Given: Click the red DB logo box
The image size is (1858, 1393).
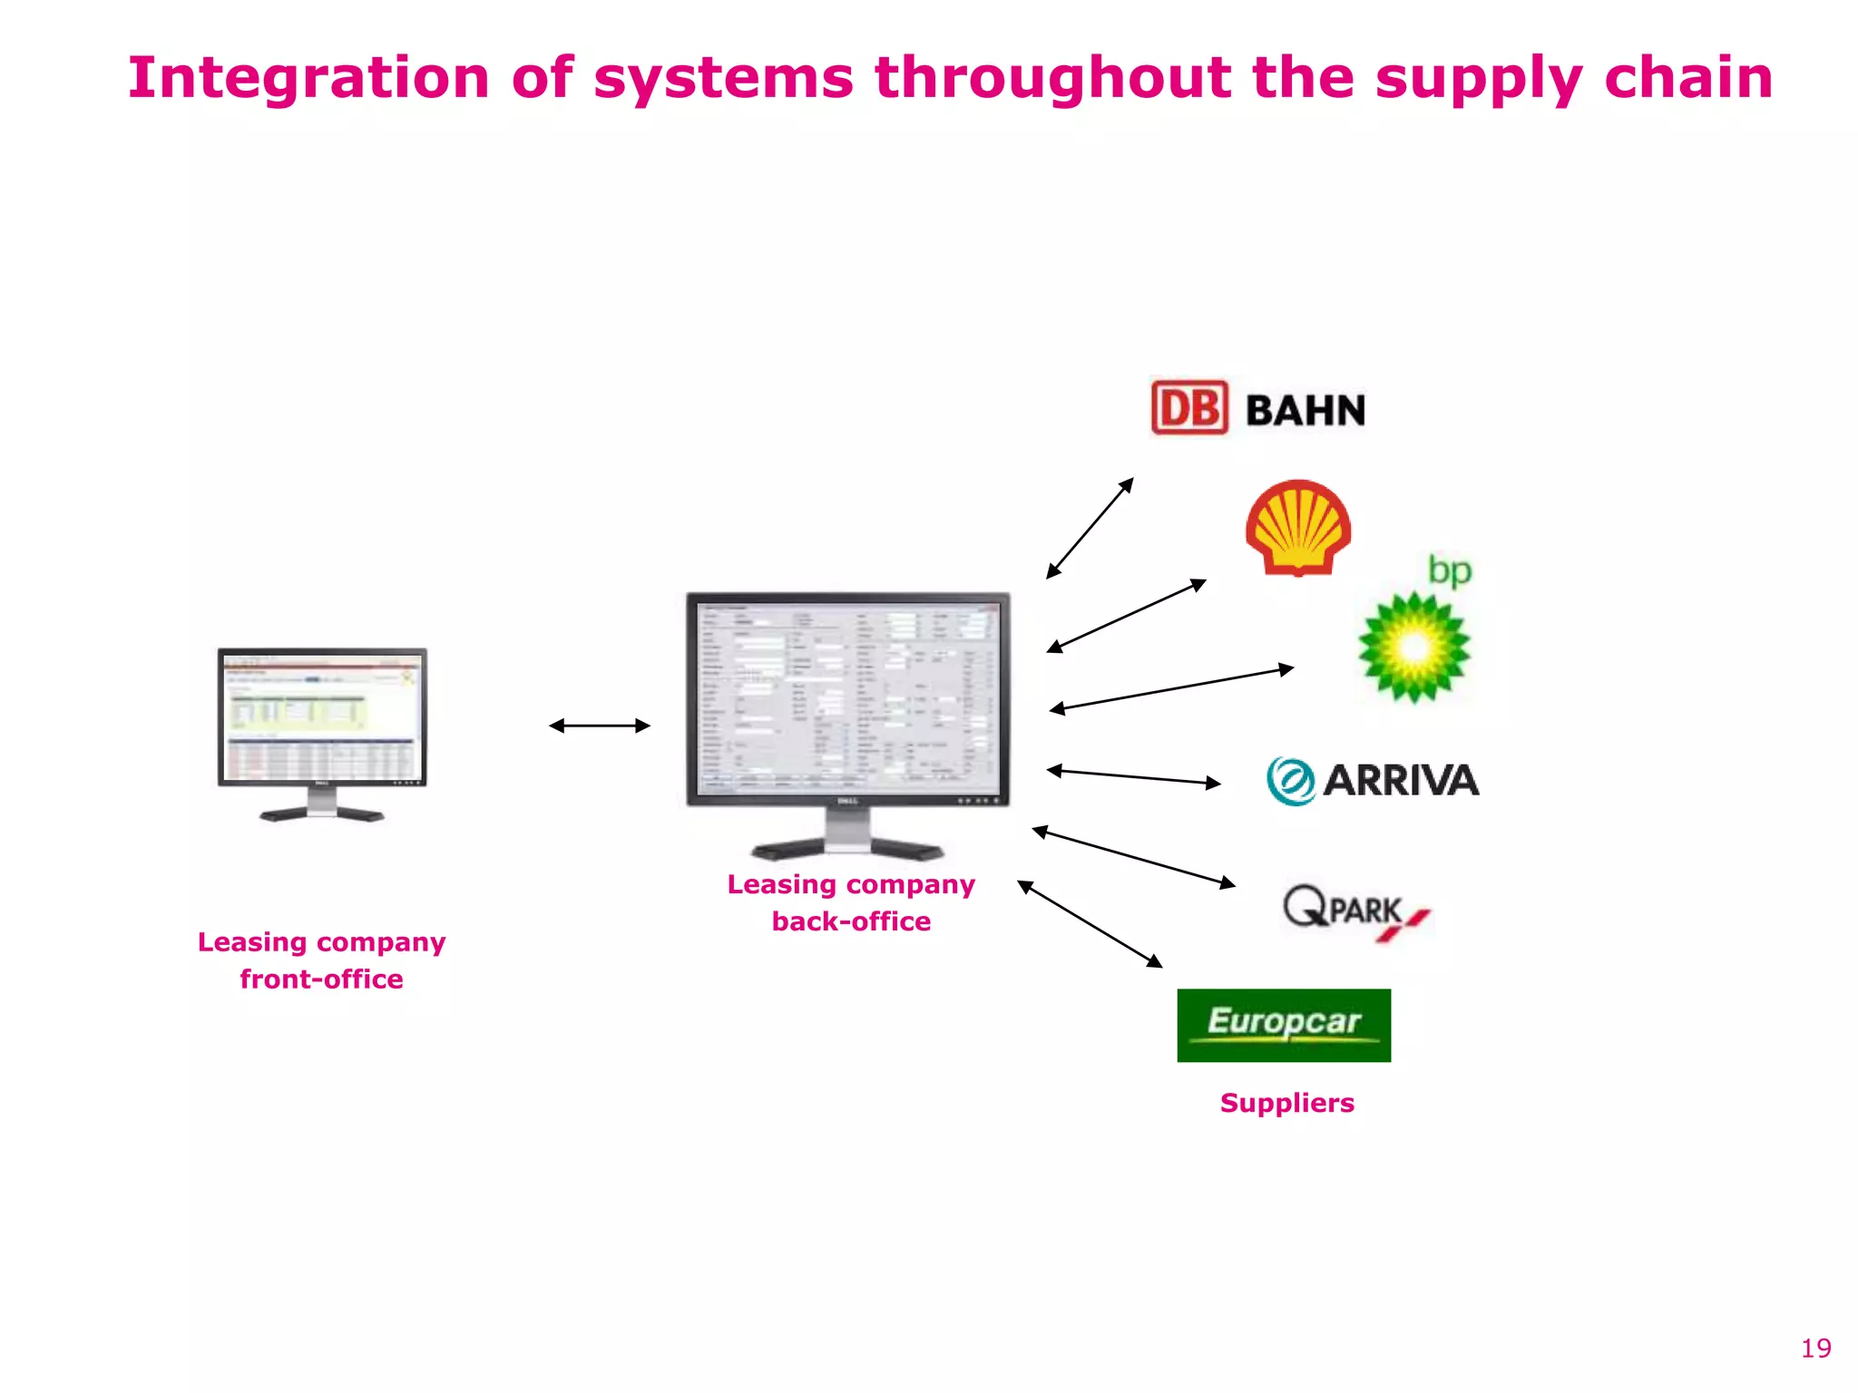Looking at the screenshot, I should coord(1189,408).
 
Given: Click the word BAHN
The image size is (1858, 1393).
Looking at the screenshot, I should coord(1305,411).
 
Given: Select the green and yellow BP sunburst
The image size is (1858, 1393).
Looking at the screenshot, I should coord(1413,647).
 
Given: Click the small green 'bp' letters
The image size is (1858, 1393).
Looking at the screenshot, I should coord(1449,570).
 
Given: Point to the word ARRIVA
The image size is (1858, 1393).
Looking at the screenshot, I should coord(1401,781).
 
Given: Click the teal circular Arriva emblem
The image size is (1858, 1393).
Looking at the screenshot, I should coord(1291,781).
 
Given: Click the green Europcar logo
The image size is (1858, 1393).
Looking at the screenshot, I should coord(1284,1025).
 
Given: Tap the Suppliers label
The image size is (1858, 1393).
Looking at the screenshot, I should coord(1286,1103).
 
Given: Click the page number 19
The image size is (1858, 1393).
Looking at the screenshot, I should coord(1815,1349).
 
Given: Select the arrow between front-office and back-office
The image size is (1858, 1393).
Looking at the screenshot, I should coord(600,726).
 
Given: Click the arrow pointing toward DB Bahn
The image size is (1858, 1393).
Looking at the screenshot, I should coord(1090,529).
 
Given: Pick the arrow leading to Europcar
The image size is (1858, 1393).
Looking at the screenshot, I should coord(1090,924).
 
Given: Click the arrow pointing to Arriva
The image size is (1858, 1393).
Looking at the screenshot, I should coord(1134,776).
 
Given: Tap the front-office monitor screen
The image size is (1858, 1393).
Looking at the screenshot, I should coord(322,716).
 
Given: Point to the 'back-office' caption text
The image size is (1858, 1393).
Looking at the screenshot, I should coord(851,921).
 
